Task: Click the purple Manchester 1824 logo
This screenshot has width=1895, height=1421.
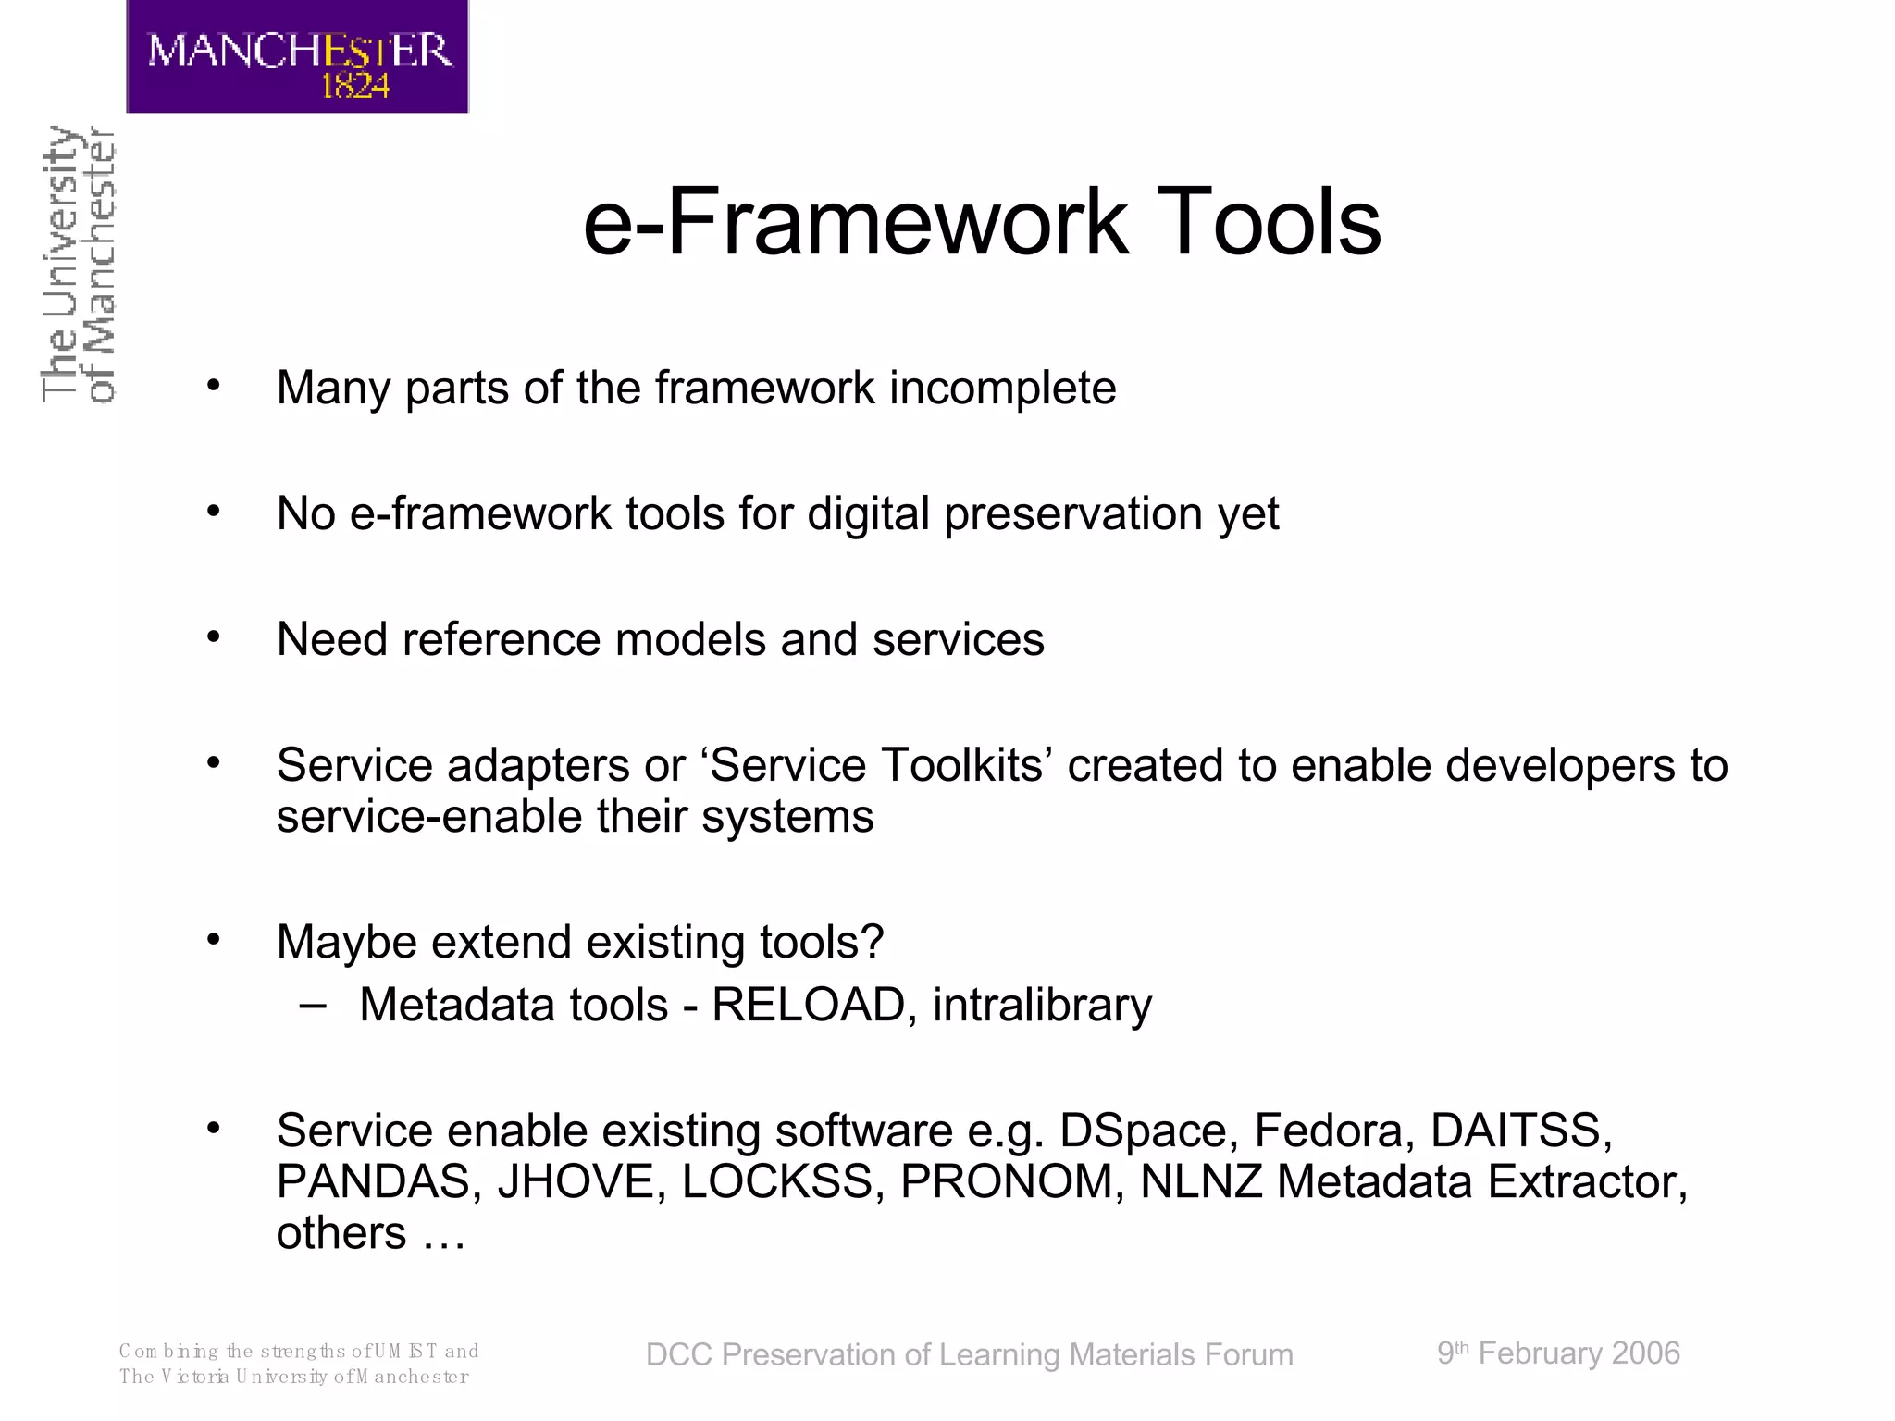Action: (x=297, y=57)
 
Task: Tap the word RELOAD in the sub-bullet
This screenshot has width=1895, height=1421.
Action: (x=808, y=1005)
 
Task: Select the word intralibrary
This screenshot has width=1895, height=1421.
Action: (x=1042, y=1005)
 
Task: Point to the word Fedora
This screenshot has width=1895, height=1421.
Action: (x=1333, y=1131)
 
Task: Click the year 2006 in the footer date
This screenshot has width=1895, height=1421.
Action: (x=1645, y=1353)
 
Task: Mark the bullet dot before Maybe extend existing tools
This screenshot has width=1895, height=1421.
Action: (x=214, y=940)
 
